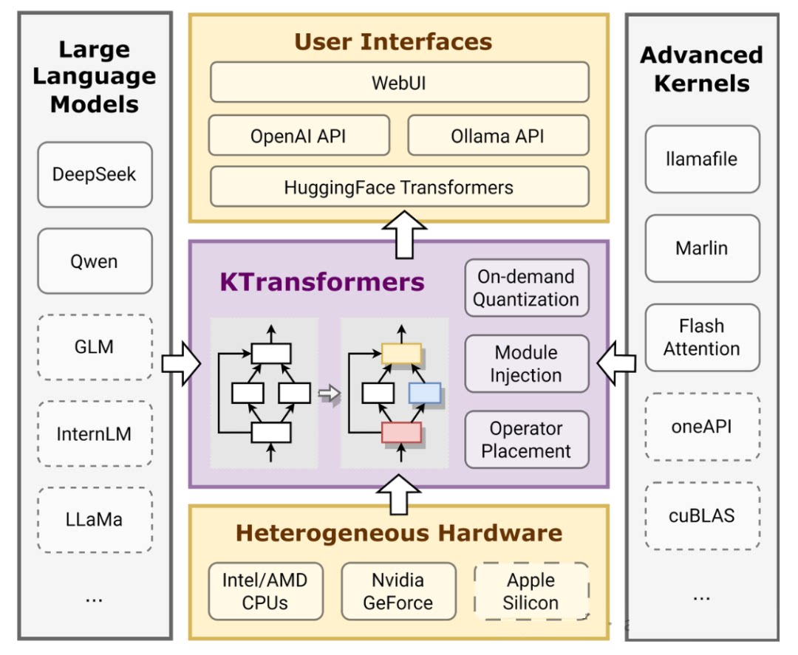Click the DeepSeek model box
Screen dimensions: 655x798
point(95,175)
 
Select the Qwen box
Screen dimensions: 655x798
point(95,261)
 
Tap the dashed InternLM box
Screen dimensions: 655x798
point(95,433)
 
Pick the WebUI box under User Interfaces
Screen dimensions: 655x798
point(399,82)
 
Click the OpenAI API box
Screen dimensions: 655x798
point(299,136)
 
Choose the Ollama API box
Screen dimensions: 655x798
point(498,136)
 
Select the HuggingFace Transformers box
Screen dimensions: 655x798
point(399,187)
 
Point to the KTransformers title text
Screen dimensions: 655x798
point(322,282)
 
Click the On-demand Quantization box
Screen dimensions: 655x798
point(526,288)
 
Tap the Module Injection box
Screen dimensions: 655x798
point(526,364)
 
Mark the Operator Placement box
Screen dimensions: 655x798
point(526,440)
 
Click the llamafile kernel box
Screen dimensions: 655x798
point(702,159)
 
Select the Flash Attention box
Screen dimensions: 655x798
point(702,337)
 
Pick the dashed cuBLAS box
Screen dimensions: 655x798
point(702,515)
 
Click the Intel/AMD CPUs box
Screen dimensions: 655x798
point(265,591)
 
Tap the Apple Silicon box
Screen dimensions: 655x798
point(531,591)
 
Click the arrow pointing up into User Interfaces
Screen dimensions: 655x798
point(399,233)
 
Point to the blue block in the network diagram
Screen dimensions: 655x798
point(424,394)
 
